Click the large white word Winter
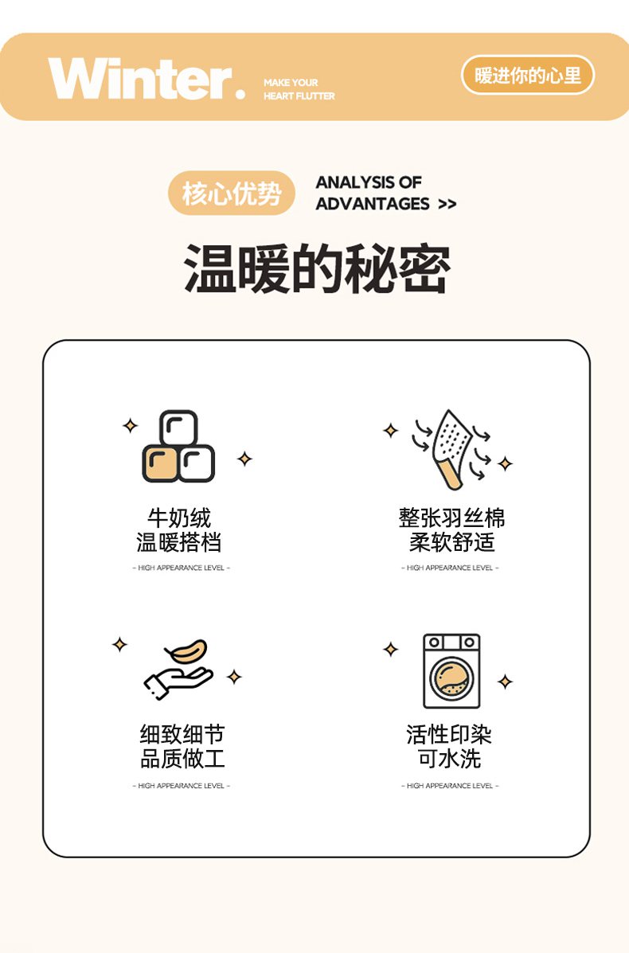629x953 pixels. tap(140, 78)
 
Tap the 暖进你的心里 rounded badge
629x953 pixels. tap(528, 76)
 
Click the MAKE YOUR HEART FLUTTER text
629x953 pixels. tap(299, 89)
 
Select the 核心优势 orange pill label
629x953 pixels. tap(232, 193)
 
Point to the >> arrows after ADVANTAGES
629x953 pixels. tap(447, 204)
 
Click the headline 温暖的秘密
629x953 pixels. tap(317, 268)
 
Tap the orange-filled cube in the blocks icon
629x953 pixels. tap(160, 464)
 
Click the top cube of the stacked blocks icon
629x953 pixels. tap(178, 428)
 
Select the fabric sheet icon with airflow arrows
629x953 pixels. tap(451, 449)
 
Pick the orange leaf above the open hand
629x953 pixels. tap(186, 651)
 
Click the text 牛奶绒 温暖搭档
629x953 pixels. tap(179, 530)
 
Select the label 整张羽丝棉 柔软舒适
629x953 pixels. tap(451, 530)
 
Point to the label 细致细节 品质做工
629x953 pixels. tap(182, 746)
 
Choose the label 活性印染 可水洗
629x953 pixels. tap(449, 746)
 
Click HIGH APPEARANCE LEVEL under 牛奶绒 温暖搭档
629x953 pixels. tap(181, 568)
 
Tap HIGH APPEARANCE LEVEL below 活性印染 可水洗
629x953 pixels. tap(450, 786)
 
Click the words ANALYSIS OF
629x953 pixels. tap(369, 182)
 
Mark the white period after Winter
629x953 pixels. tap(240, 94)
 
